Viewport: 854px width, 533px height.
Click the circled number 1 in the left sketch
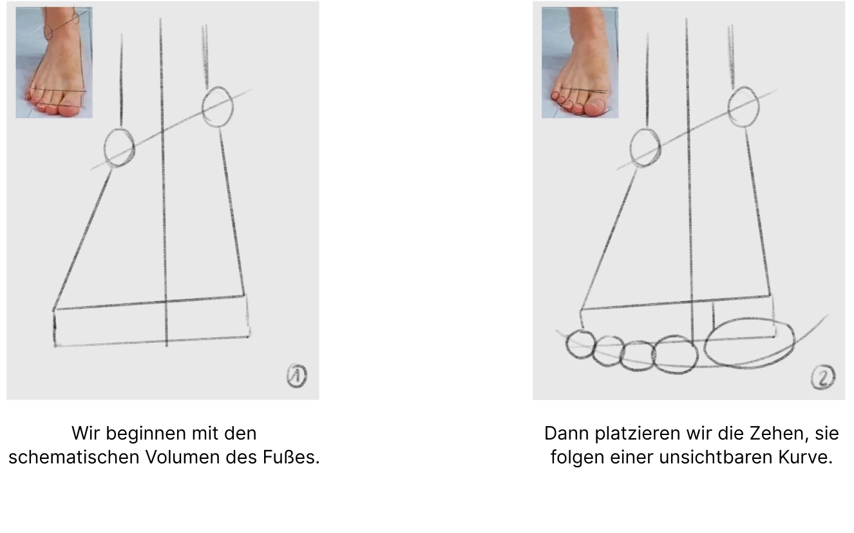tap(297, 376)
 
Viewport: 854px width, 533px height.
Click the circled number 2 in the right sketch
tap(822, 377)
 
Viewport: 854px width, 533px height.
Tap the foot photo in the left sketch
tap(54, 63)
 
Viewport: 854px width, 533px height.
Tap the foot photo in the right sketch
tap(580, 63)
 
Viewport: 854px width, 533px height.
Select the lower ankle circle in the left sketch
tap(119, 148)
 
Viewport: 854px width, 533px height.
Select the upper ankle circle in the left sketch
tap(217, 107)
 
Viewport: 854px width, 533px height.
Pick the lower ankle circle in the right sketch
tap(645, 148)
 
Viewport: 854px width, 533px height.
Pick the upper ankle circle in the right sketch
tap(743, 107)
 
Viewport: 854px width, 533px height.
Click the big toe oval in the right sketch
tap(749, 344)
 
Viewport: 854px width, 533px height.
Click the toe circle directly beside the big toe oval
tap(676, 354)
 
